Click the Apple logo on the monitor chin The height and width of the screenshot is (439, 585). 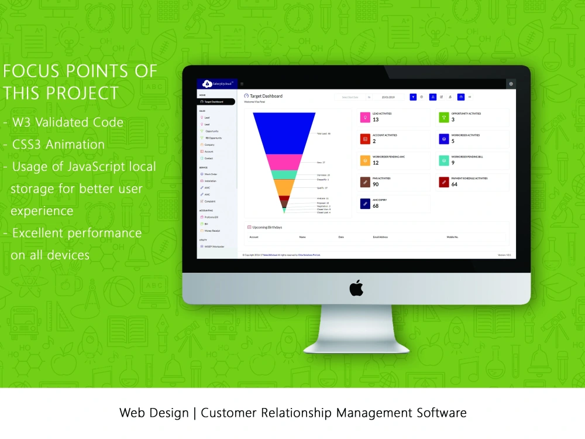pos(356,287)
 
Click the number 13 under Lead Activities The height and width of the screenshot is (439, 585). pos(376,119)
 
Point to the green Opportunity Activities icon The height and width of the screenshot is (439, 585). pos(443,118)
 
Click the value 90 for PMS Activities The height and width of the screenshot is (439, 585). pos(376,184)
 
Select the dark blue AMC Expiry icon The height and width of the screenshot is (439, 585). pos(365,204)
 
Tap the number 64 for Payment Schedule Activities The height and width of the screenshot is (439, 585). pos(455,184)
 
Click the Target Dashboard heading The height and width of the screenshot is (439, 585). pos(266,96)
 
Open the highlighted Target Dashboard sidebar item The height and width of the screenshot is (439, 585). pos(216,102)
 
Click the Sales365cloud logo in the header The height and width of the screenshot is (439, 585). pos(218,84)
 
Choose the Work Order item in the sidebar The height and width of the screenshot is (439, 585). pos(211,174)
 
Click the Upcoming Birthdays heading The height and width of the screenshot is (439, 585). pos(267,227)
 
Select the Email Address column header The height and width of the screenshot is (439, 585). pos(381,237)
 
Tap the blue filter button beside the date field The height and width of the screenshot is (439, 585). pos(413,97)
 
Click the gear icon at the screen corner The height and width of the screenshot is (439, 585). pos(511,84)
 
